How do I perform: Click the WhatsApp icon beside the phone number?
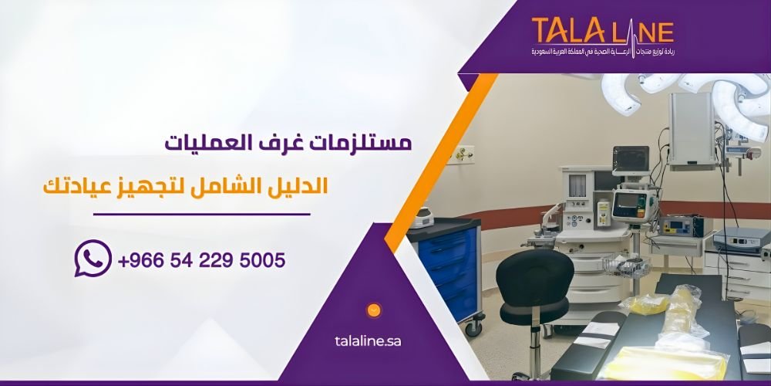pyautogui.click(x=93, y=259)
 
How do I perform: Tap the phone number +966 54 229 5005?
pyautogui.click(x=202, y=260)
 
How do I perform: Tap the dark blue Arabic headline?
pyautogui.click(x=289, y=144)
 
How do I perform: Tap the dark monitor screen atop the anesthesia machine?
pyautogui.click(x=630, y=158)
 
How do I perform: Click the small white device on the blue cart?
pyautogui.click(x=422, y=218)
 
